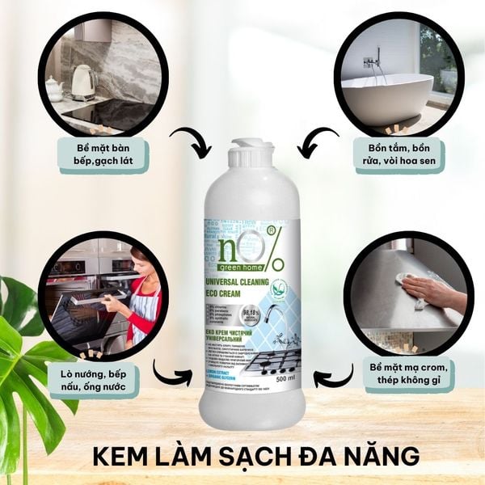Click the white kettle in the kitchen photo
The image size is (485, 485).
pyautogui.click(x=83, y=81)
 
